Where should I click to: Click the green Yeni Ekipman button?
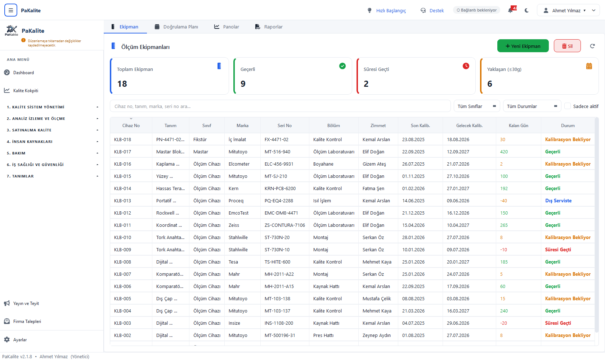[523, 46]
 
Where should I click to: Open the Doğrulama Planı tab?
[176, 27]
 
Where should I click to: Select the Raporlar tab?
[269, 27]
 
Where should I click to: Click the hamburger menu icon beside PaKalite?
[11, 10]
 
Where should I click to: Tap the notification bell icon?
[510, 10]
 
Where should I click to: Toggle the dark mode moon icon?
[526, 10]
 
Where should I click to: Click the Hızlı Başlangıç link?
[391, 10]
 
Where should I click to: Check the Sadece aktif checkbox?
[568, 106]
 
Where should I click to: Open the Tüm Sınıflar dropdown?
[477, 106]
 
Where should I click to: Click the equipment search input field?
[280, 106]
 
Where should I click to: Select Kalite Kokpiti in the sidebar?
[26, 90]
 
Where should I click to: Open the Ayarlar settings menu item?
[20, 340]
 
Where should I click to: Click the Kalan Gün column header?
[518, 126]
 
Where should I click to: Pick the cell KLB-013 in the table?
[122, 201]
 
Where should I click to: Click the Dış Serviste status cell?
[558, 201]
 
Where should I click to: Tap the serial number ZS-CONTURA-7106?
[284, 225]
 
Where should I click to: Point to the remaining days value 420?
[504, 152]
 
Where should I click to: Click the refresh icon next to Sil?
[592, 46]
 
